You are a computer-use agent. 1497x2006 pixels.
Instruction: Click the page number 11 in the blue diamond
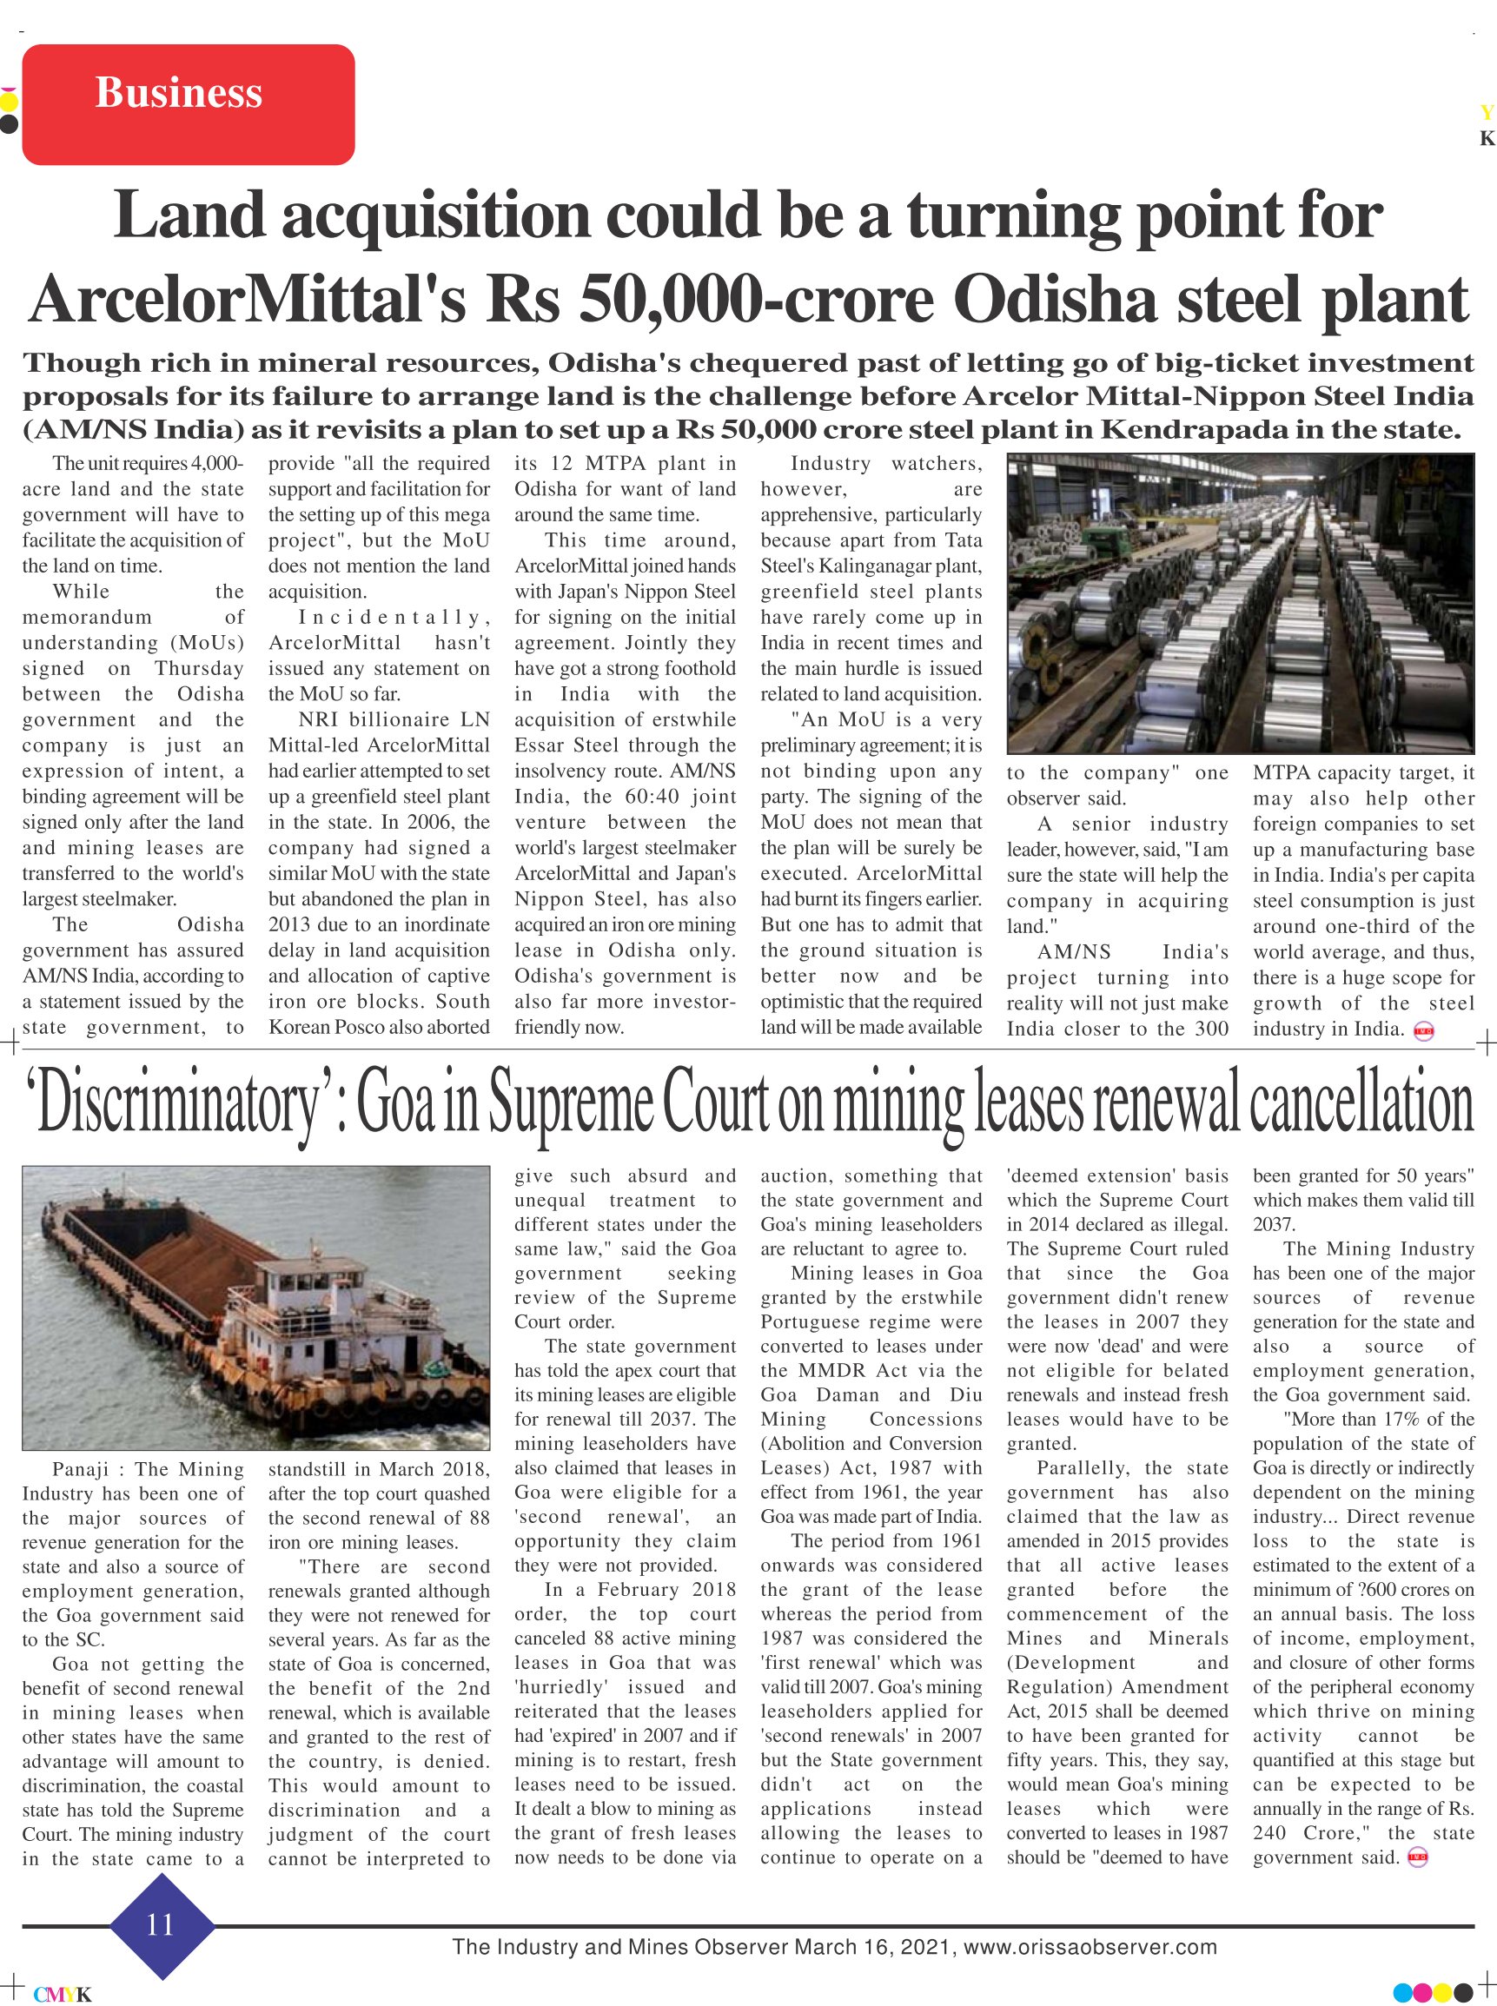161,1923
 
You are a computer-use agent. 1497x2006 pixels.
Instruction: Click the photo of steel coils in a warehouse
1241,603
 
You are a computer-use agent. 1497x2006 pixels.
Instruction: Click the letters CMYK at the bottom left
63,1994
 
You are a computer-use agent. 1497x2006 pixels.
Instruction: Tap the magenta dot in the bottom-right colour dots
1421,1992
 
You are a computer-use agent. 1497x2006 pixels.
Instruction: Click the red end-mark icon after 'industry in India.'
1424,1030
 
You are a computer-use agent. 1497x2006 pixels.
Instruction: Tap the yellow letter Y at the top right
1486,113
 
